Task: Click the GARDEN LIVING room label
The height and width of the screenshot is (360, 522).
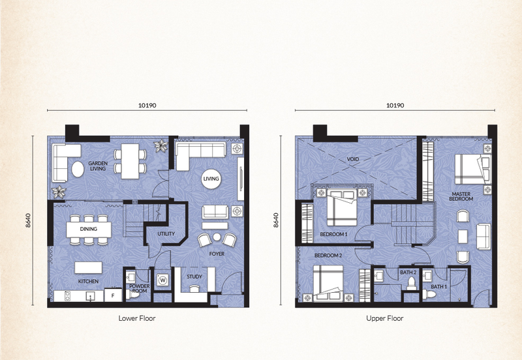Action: [98, 166]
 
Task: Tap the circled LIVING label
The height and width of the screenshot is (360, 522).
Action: [211, 179]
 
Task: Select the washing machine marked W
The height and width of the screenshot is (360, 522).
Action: [162, 280]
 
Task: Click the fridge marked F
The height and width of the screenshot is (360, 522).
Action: [113, 295]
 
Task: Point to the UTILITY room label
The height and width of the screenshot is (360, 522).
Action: [166, 234]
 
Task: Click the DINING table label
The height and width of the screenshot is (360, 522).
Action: [89, 229]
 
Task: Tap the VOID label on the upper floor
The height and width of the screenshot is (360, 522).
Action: [353, 159]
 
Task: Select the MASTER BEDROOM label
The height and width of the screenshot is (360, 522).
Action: [461, 196]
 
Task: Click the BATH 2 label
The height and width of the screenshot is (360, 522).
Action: [408, 273]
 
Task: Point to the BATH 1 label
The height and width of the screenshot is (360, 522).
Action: [439, 286]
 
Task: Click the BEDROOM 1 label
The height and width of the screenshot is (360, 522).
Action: [333, 234]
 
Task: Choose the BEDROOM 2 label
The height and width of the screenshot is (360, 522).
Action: [328, 256]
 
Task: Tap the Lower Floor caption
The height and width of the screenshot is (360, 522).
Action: [137, 318]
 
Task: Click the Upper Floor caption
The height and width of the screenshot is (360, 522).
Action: [385, 318]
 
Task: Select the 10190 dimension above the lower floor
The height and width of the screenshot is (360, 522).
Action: [147, 106]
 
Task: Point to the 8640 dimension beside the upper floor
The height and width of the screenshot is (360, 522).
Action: [275, 220]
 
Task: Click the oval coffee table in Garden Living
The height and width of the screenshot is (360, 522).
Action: [78, 170]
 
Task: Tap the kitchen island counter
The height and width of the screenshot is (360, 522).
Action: [88, 267]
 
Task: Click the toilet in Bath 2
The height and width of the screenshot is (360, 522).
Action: [412, 284]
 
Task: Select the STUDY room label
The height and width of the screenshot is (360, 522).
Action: [194, 277]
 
